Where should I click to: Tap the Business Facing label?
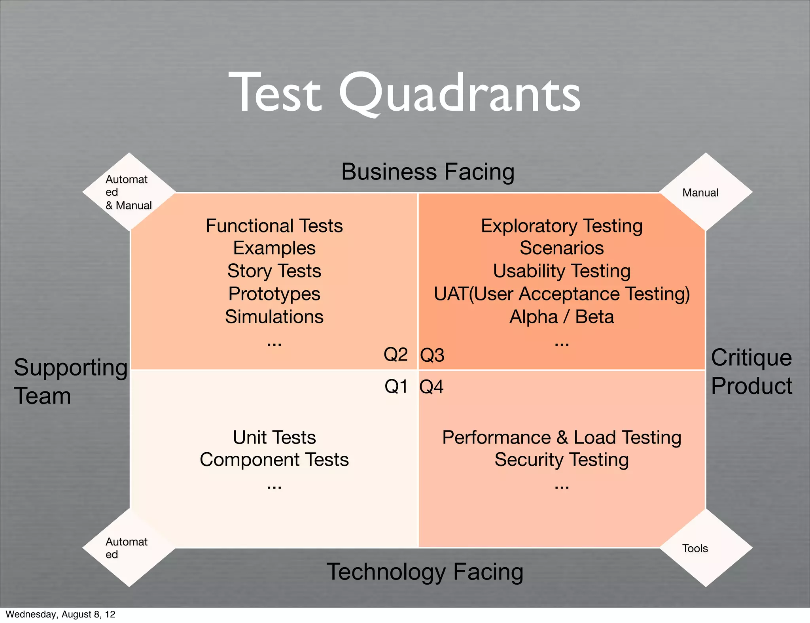pyautogui.click(x=428, y=172)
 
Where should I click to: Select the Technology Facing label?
pyautogui.click(x=425, y=572)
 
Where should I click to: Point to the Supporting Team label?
pyautogui.click(x=70, y=381)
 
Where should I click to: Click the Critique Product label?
pyautogui.click(x=751, y=372)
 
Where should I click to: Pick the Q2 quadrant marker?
pyautogui.click(x=396, y=354)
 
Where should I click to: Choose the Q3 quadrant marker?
pyautogui.click(x=432, y=355)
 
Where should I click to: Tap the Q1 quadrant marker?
pyautogui.click(x=396, y=386)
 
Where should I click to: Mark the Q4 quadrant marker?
pyautogui.click(x=431, y=387)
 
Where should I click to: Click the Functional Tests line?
pyautogui.click(x=274, y=226)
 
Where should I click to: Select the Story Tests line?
pyautogui.click(x=274, y=271)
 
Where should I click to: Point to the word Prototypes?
pyautogui.click(x=274, y=294)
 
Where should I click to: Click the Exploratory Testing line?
pyautogui.click(x=562, y=226)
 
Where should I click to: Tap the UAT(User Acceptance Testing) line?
pyautogui.click(x=562, y=294)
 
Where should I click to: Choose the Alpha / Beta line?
pyautogui.click(x=562, y=317)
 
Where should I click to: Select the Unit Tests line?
pyautogui.click(x=274, y=437)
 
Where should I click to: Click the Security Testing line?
pyautogui.click(x=562, y=460)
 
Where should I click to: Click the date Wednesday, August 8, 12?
pyautogui.click(x=61, y=614)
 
